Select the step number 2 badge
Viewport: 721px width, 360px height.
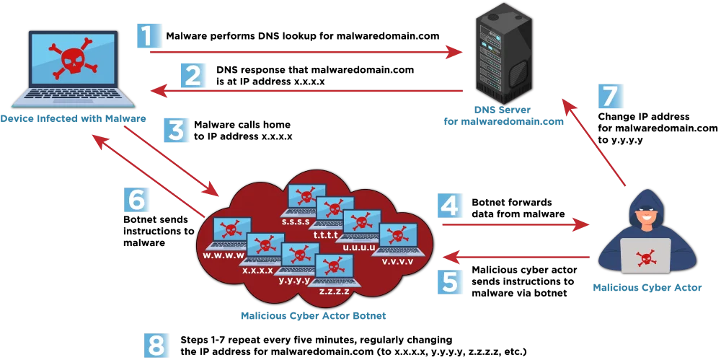pyautogui.click(x=192, y=74)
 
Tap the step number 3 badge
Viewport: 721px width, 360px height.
pyautogui.click(x=176, y=130)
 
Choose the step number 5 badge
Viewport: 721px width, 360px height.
pyautogui.click(x=449, y=281)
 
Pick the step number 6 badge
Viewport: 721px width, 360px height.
pyautogui.click(x=136, y=198)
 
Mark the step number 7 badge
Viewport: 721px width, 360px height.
pyautogui.click(x=610, y=95)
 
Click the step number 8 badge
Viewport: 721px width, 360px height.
pyautogui.click(x=156, y=345)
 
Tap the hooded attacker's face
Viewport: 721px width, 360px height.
pyautogui.click(x=645, y=216)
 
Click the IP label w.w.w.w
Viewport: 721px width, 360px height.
pyautogui.click(x=224, y=255)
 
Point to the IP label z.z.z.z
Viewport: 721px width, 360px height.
pyautogui.click(x=334, y=291)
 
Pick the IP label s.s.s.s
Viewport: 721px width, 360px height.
pyautogui.click(x=296, y=221)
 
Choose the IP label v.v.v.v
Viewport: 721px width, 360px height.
pyautogui.click(x=397, y=260)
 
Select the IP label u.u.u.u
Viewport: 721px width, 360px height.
pyautogui.click(x=359, y=247)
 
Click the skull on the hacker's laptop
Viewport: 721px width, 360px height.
pyautogui.click(x=645, y=256)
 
